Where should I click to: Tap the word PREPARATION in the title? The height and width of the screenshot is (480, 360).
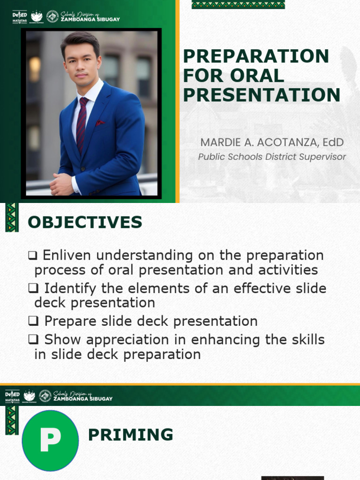pyautogui.click(x=256, y=56)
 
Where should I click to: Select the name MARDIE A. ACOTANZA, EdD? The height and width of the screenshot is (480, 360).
pyautogui.click(x=272, y=142)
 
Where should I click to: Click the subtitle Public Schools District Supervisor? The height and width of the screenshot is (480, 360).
pyautogui.click(x=272, y=157)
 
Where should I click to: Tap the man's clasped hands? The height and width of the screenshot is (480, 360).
pyautogui.click(x=62, y=184)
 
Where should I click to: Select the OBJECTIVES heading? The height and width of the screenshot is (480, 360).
pyautogui.click(x=85, y=222)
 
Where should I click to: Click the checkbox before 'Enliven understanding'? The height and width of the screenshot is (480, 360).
pyautogui.click(x=32, y=256)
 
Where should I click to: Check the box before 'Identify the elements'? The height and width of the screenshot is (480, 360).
pyautogui.click(x=33, y=288)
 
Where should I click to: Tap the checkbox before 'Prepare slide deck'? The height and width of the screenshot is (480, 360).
pyautogui.click(x=33, y=321)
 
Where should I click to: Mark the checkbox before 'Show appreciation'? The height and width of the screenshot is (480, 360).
pyautogui.click(x=33, y=340)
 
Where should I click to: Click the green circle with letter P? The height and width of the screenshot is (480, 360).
pyautogui.click(x=50, y=440)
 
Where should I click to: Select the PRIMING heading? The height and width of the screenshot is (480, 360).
pyautogui.click(x=130, y=435)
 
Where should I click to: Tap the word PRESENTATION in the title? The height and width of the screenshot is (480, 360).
pyautogui.click(x=262, y=95)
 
